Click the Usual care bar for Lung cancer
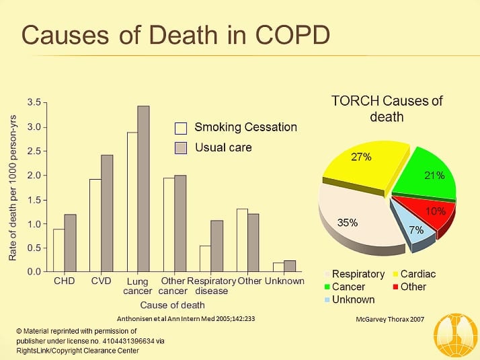click(x=144, y=188)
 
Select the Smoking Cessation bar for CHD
click(x=58, y=250)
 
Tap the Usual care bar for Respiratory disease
click(x=216, y=246)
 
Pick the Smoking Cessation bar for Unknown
click(x=278, y=267)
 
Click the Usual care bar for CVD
click(x=107, y=213)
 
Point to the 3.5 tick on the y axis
click(x=45, y=103)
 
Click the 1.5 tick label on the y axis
click(x=34, y=200)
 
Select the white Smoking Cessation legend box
click(x=181, y=129)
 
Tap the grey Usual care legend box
click(x=181, y=148)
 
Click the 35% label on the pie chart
click(x=348, y=223)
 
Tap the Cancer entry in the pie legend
click(x=345, y=287)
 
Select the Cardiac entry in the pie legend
click(x=414, y=274)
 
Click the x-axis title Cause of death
click(x=172, y=305)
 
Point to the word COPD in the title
click(x=292, y=35)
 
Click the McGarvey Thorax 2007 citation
click(x=390, y=319)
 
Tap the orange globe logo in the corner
click(x=456, y=336)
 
